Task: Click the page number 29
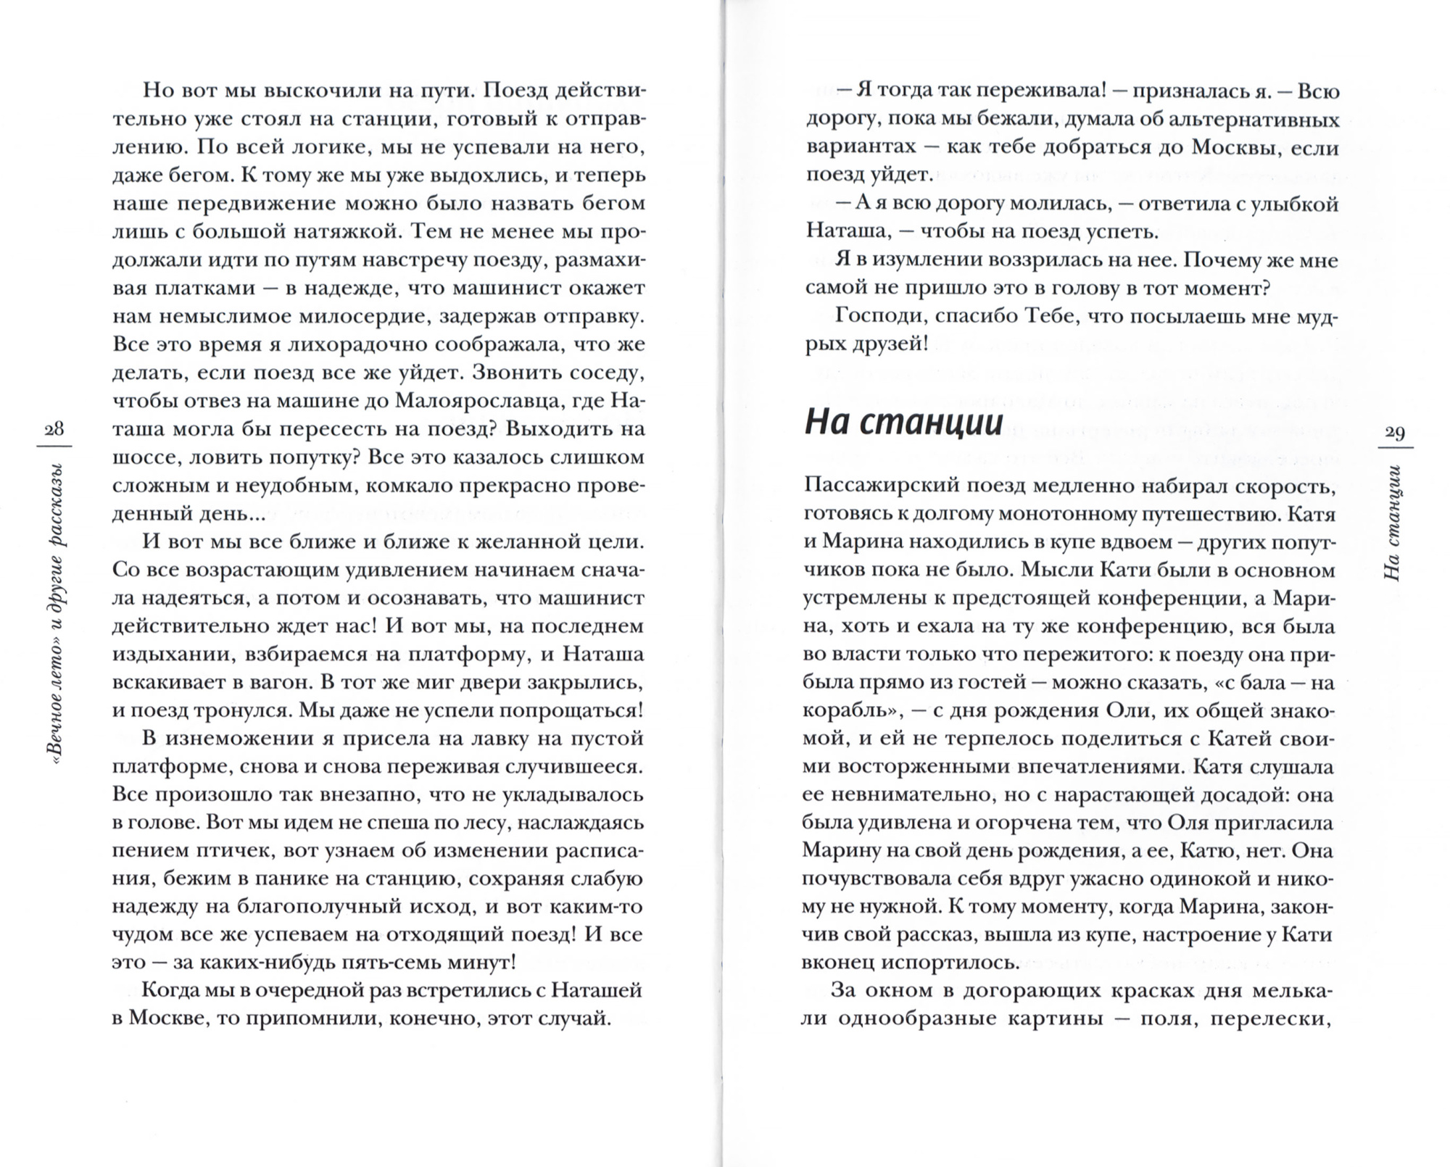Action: pos(1394,433)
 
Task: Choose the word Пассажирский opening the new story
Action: pos(877,486)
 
